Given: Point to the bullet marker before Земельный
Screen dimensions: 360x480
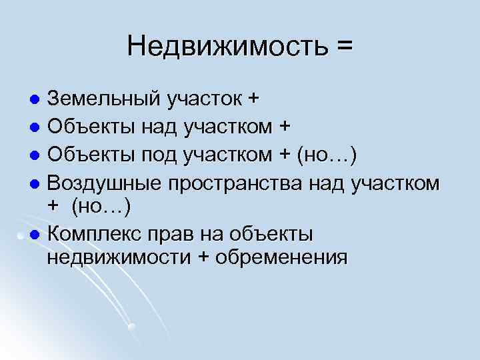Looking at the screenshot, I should pos(37,101).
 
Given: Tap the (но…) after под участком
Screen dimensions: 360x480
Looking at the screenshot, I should pos(327,155).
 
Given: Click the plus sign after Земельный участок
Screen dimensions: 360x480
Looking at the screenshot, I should pos(253,100).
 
